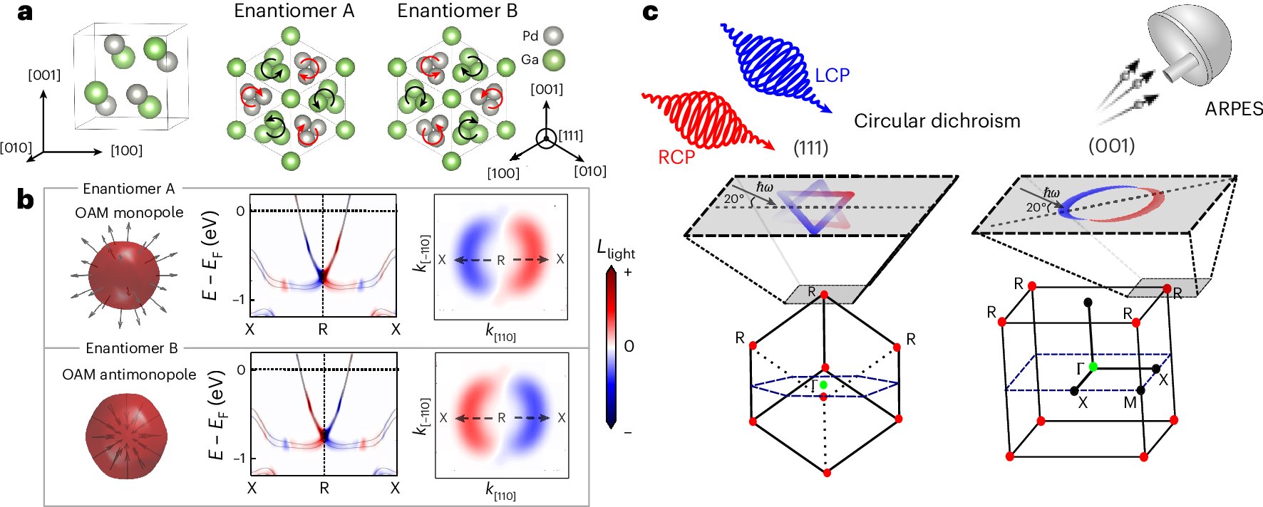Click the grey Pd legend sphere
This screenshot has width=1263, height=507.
click(553, 36)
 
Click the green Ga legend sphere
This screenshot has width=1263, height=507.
click(554, 59)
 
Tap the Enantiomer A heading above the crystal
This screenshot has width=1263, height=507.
click(294, 11)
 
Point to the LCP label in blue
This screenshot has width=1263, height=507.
click(832, 75)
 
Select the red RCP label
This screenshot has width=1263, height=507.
click(676, 157)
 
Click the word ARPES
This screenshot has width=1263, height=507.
click(1234, 109)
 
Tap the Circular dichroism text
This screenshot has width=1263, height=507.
click(937, 121)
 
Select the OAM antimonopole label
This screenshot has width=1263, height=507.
click(129, 375)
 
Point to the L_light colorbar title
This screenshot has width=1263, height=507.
click(616, 250)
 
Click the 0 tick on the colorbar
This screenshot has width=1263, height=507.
click(629, 346)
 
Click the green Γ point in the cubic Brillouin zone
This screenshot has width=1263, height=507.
click(1093, 367)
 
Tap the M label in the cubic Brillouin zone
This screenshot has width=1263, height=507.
click(1130, 403)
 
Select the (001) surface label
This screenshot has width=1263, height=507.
click(1111, 146)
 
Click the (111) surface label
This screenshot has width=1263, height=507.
click(810, 148)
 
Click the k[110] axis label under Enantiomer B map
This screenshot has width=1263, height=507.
click(500, 491)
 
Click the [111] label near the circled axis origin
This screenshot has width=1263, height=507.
click(570, 135)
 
